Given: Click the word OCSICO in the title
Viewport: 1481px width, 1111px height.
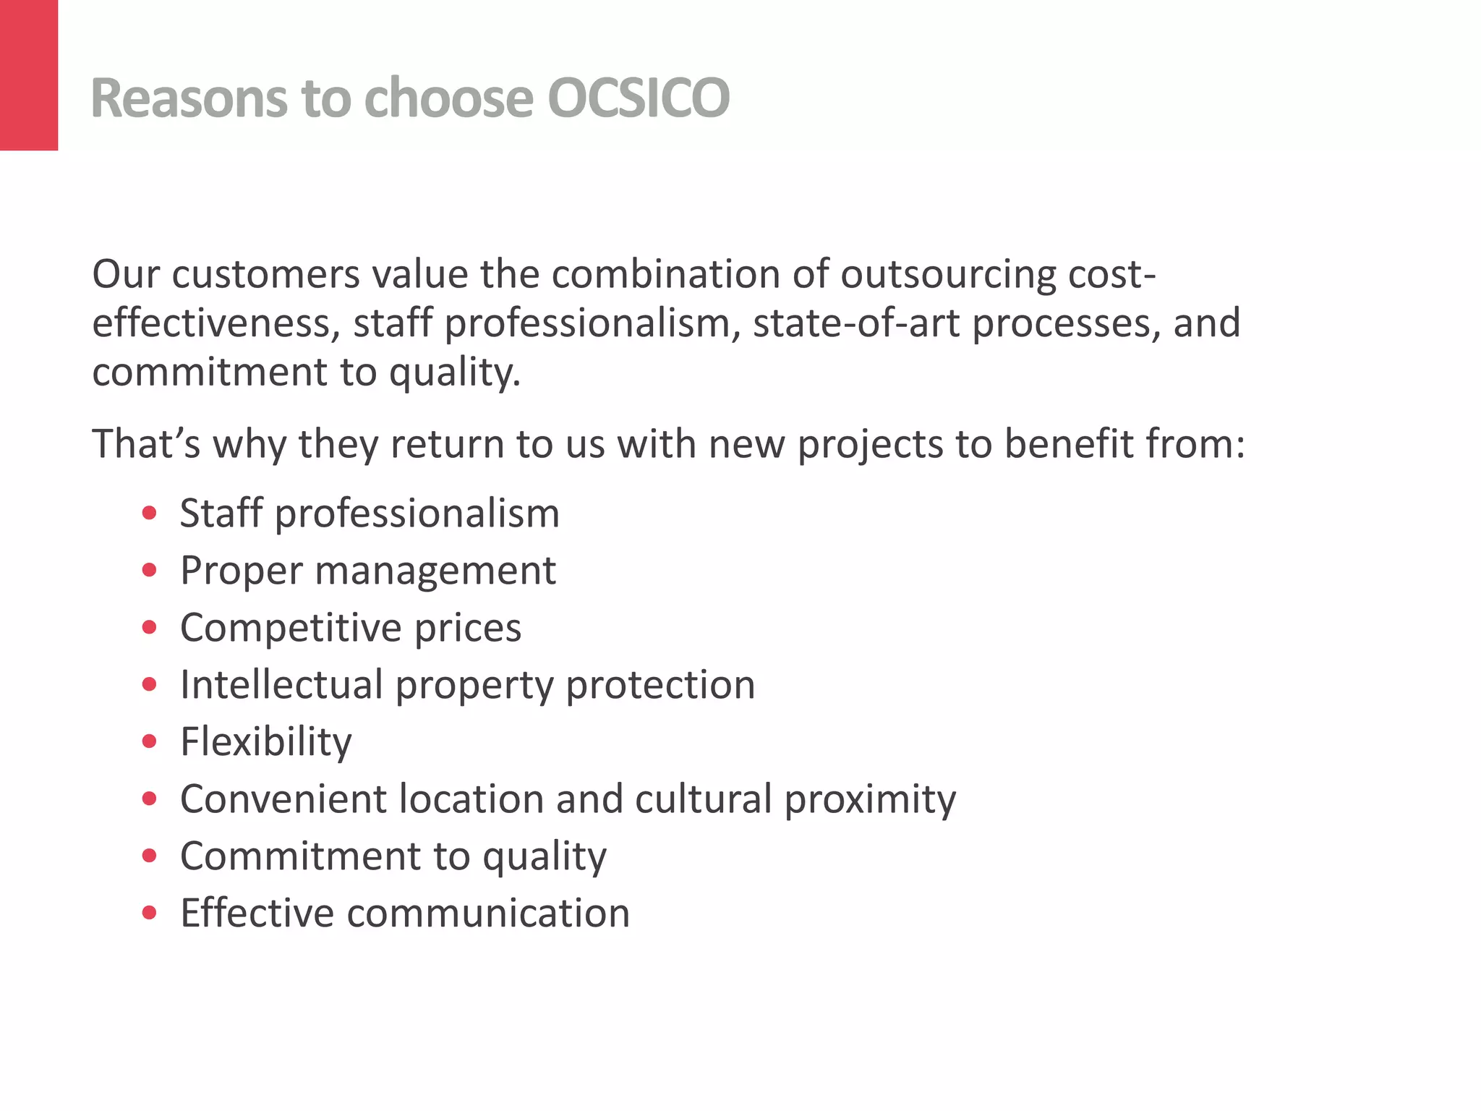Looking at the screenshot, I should click(639, 98).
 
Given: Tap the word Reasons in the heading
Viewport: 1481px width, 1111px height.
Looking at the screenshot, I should click(189, 98).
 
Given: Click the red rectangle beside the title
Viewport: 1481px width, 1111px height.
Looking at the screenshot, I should click(29, 75).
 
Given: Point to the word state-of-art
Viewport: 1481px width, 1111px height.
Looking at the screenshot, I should click(856, 323).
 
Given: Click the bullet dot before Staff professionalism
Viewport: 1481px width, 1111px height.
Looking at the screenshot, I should click(150, 514).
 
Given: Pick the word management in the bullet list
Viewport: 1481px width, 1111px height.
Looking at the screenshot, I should click(435, 571).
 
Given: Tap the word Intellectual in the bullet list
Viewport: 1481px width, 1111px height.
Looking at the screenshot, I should click(281, 684).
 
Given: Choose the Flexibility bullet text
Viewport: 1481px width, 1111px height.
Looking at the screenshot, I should click(265, 742).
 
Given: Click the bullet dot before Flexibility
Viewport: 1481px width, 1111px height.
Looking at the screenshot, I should click(150, 741).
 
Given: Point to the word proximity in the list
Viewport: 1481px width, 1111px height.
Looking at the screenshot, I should click(870, 800).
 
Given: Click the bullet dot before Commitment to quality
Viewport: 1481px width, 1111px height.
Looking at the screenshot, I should click(150, 856).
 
